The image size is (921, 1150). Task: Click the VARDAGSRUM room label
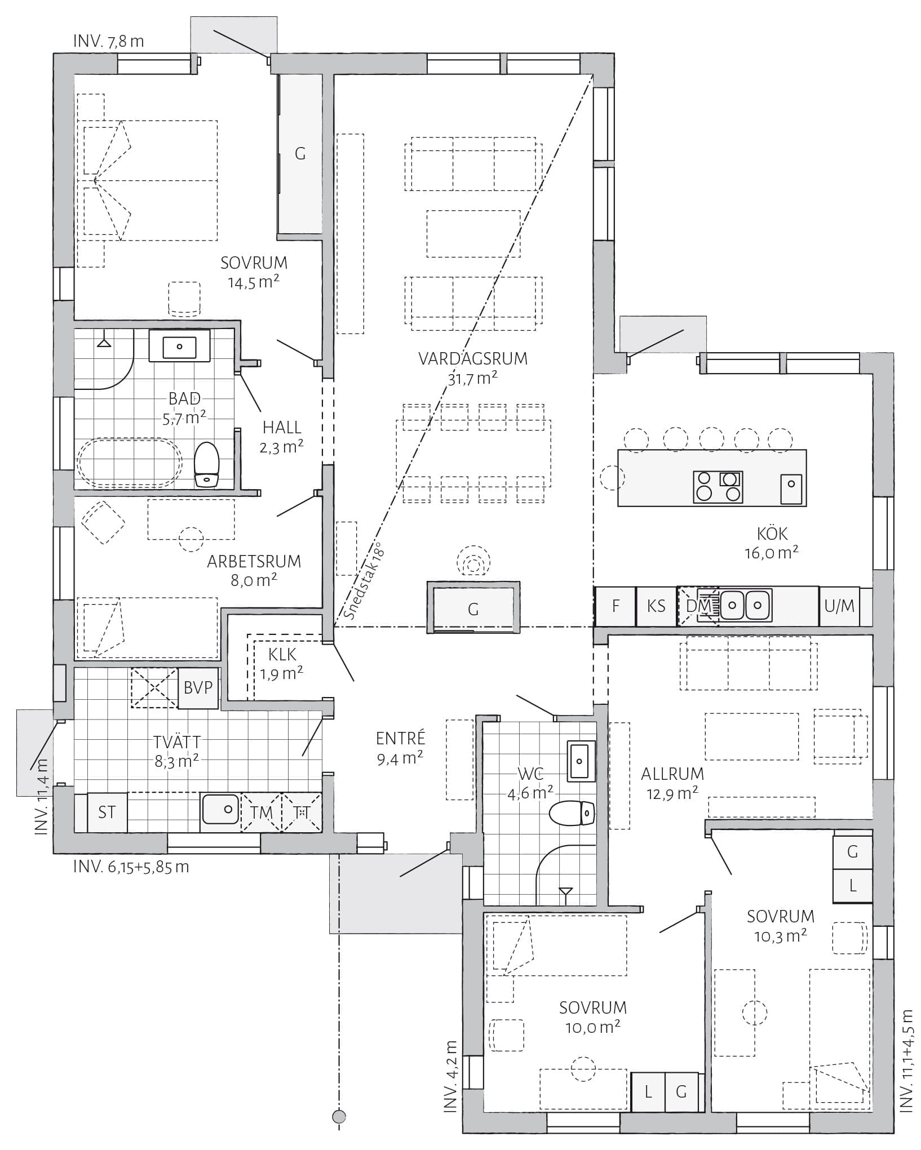(473, 358)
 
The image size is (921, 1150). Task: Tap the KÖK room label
(772, 533)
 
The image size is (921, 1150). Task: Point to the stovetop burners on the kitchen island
(718, 486)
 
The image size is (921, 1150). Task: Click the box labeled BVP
(198, 688)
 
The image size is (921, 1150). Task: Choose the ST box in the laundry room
(107, 812)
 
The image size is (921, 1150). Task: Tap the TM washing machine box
(261, 812)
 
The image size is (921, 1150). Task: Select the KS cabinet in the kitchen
(656, 606)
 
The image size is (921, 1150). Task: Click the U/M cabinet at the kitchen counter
(839, 606)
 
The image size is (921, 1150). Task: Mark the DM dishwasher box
(697, 606)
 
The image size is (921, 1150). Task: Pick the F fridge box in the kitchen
(616, 606)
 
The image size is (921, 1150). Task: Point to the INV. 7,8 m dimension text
(109, 41)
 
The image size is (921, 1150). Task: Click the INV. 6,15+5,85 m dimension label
(131, 866)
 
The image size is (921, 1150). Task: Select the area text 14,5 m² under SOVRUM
(254, 281)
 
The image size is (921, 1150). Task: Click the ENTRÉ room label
(401, 738)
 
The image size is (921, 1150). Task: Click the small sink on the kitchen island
(791, 489)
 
